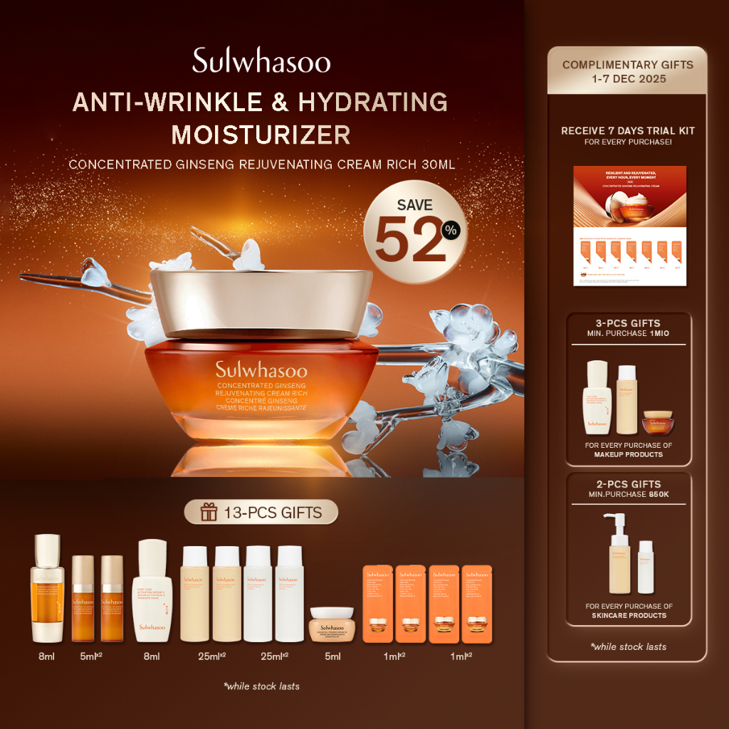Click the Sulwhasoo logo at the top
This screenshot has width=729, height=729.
(x=261, y=62)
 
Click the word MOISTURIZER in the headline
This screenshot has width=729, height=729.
(x=261, y=134)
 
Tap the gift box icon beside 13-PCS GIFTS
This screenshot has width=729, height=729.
(x=209, y=512)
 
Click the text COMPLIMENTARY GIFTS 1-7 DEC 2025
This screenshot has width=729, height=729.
(x=627, y=71)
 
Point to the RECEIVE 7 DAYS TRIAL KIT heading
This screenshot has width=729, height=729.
(x=627, y=131)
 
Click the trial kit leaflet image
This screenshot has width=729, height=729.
(x=630, y=226)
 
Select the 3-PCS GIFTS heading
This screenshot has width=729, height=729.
(x=627, y=322)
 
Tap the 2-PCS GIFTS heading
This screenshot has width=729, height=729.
(x=627, y=484)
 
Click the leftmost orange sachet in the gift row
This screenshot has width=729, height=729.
(x=377, y=604)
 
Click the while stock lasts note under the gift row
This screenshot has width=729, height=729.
(x=261, y=686)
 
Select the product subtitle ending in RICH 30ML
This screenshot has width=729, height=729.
(x=261, y=164)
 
